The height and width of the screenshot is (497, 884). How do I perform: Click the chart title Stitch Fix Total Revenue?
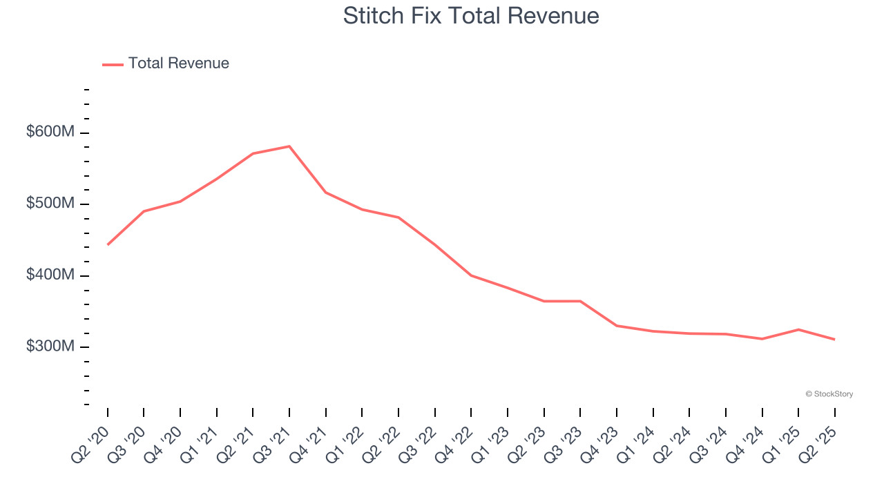coord(471,16)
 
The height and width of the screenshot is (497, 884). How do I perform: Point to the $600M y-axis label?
coord(50,132)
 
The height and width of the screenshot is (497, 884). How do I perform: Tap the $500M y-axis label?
coord(50,204)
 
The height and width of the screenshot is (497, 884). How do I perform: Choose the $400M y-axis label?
coord(50,275)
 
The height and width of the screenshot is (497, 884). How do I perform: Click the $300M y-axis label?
coord(50,346)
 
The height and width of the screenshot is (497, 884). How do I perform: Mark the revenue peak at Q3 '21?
coord(289,146)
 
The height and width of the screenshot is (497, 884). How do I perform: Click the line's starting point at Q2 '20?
coord(108,244)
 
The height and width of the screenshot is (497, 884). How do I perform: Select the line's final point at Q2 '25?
coord(835,340)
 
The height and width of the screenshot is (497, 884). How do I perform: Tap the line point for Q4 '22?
coord(471,275)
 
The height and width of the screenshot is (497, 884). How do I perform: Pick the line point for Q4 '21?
coord(326,193)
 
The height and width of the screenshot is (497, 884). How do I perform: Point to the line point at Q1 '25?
coord(798,329)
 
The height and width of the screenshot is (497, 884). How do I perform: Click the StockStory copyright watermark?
coord(829,394)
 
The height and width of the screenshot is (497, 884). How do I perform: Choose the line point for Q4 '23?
coord(617,326)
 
